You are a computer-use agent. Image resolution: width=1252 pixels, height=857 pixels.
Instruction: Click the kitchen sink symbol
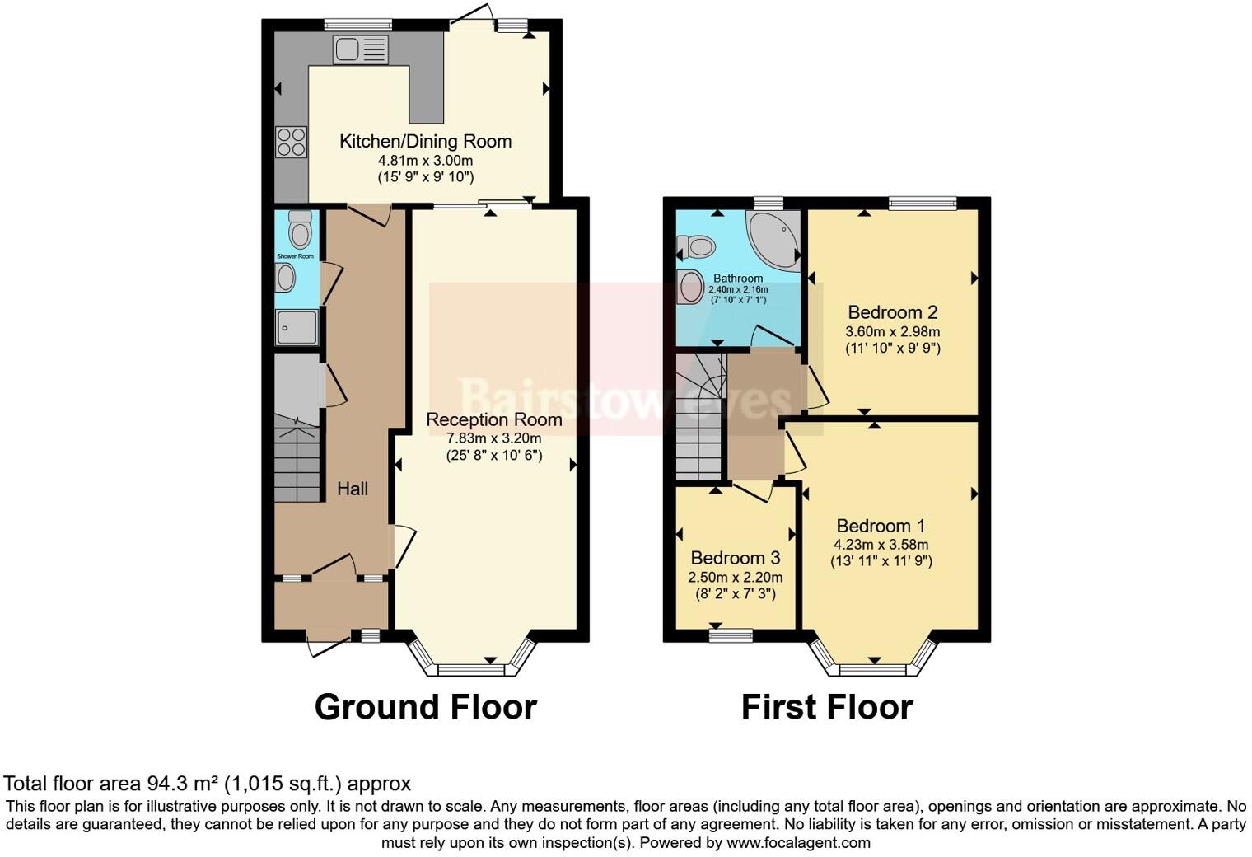[x=360, y=49]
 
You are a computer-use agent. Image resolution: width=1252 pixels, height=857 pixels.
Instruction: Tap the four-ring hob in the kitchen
[x=291, y=142]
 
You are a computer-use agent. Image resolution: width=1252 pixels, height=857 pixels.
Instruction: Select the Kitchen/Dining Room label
[x=425, y=141]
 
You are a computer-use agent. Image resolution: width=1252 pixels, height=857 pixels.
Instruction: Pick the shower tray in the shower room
[x=297, y=327]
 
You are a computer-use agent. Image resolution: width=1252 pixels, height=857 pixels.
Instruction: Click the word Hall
[x=353, y=489]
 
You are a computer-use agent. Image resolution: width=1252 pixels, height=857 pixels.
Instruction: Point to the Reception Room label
[x=493, y=419]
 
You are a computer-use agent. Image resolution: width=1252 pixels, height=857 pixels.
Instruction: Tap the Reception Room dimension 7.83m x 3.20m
[x=493, y=438]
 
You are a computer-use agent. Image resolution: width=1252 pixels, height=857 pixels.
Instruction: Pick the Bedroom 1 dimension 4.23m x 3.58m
[x=881, y=545]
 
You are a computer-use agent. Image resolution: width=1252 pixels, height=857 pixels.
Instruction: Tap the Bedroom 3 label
[x=735, y=558]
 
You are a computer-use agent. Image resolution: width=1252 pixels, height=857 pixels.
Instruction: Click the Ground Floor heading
[x=425, y=707]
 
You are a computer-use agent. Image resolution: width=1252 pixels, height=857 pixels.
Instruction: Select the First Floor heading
[x=826, y=707]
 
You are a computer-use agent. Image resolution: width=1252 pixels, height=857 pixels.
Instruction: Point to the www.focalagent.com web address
[x=798, y=843]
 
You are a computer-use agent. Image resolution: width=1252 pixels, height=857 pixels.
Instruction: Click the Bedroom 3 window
[x=731, y=635]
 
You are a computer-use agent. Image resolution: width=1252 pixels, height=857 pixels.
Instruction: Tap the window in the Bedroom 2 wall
[x=922, y=203]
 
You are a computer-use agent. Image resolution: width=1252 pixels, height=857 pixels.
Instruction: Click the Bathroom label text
[x=738, y=279]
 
